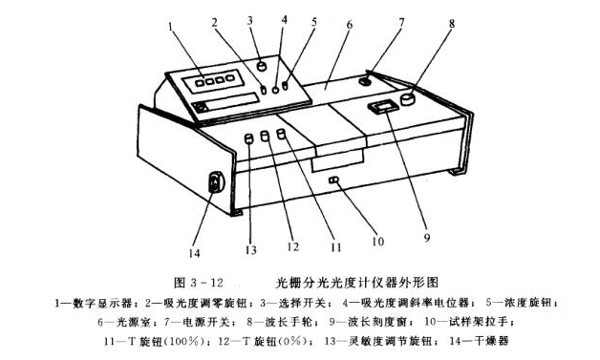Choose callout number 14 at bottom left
pos(197,250)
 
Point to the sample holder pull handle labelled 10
pos(334,180)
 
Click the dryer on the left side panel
pos(216,180)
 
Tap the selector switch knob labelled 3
pos(261,66)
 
